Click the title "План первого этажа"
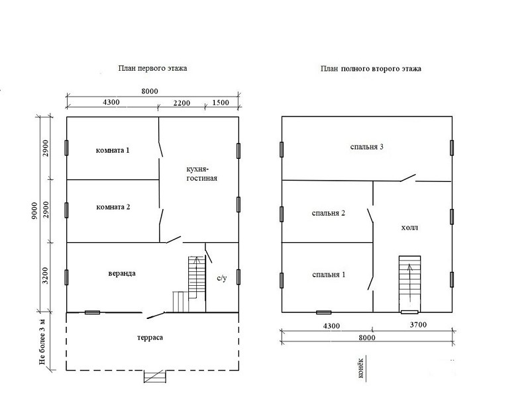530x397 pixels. tap(152, 69)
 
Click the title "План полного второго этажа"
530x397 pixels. tap(371, 69)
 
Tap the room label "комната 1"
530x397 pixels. tap(113, 150)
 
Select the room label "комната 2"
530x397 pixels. tap(113, 207)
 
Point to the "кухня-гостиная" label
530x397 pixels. tap(202, 173)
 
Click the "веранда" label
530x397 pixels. tap(122, 273)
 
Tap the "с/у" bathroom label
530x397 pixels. tap(222, 278)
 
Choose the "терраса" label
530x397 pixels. tap(150, 337)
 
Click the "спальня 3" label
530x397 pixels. tap(367, 147)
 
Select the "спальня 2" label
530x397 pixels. tap(329, 213)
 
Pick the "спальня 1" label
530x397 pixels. tap(329, 275)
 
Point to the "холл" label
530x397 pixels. tap(409, 228)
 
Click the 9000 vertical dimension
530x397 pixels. tap(34, 211)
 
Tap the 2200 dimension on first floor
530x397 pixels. tap(182, 103)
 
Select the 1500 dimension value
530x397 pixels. tap(221, 103)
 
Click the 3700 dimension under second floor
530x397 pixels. tap(418, 325)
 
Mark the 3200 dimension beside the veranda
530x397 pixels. tap(46, 276)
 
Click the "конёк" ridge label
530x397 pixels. tap(360, 368)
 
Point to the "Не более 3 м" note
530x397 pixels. tap(42, 341)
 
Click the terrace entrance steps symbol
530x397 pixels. tap(155, 376)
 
